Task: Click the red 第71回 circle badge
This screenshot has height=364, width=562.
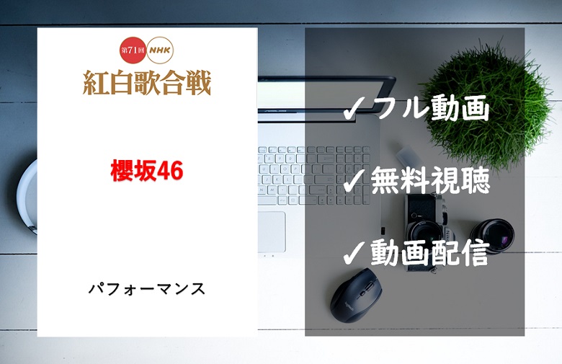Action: pyautogui.click(x=133, y=50)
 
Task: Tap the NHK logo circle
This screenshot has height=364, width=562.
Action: pyautogui.click(x=160, y=50)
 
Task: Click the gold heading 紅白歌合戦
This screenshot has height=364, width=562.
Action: pyautogui.click(x=147, y=82)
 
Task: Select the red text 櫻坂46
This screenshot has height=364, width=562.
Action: pyautogui.click(x=147, y=171)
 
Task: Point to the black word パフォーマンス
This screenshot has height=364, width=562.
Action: pyautogui.click(x=147, y=289)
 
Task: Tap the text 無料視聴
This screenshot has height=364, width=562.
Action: pyautogui.click(x=430, y=180)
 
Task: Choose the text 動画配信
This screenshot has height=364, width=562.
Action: pyautogui.click(x=430, y=252)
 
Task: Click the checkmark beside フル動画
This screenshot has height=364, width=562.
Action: pyautogui.click(x=353, y=109)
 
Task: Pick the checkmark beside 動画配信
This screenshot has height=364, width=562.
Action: pyautogui.click(x=353, y=253)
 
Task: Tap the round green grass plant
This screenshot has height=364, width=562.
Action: pyautogui.click(x=486, y=104)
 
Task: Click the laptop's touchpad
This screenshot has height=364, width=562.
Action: pyautogui.click(x=272, y=231)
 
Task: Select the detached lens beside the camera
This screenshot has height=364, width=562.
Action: pyautogui.click(x=491, y=236)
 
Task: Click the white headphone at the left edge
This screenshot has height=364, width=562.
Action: pyautogui.click(x=27, y=197)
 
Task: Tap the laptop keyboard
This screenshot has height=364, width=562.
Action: pyautogui.click(x=313, y=175)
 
